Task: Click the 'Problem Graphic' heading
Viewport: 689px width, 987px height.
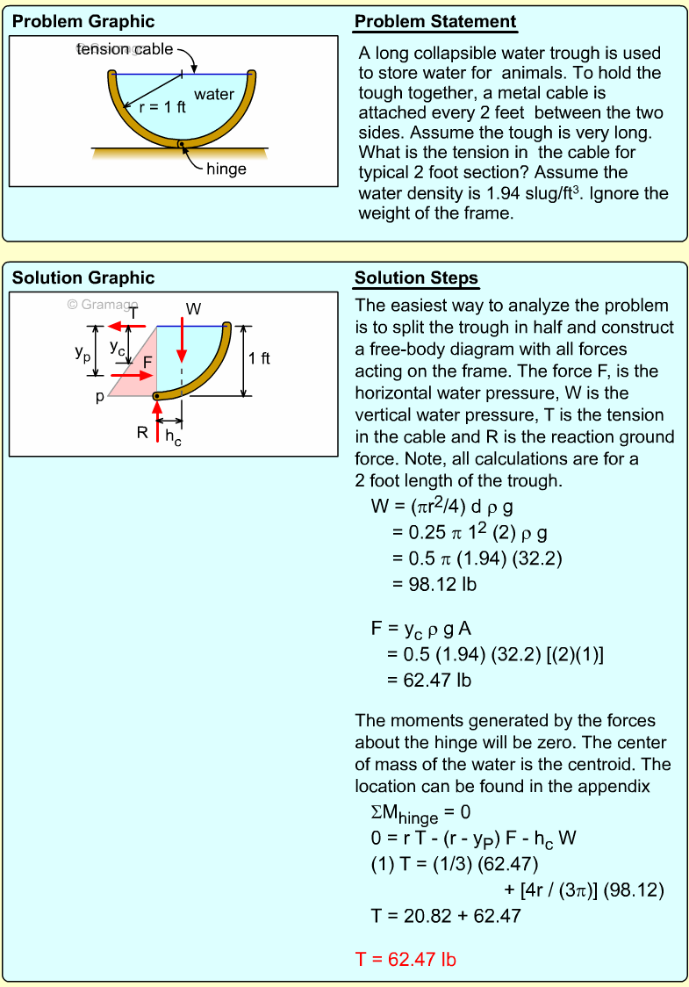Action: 83,22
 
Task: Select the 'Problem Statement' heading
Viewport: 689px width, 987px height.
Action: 435,22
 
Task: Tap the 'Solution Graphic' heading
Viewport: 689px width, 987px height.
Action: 83,278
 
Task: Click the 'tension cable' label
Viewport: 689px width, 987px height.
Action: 125,49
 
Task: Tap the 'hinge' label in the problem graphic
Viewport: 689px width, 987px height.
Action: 226,169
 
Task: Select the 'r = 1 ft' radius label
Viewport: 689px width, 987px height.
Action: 162,108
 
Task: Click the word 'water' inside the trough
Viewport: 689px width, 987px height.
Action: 214,94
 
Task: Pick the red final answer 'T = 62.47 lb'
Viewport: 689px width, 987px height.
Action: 406,959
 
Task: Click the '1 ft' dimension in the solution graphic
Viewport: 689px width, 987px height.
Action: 259,358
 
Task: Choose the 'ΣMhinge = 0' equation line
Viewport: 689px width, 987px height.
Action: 421,814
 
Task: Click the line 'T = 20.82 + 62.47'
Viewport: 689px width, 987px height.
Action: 446,916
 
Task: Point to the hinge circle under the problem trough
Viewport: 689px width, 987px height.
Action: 181,143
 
